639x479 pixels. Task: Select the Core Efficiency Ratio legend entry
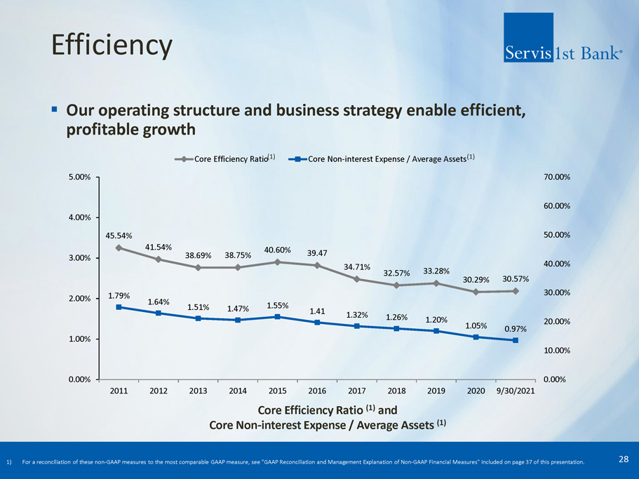[x=224, y=159]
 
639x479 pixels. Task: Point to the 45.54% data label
[x=119, y=236]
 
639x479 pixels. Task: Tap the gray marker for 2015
[x=278, y=262]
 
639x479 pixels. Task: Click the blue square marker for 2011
[x=119, y=307]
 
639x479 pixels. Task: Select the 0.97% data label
[x=516, y=328]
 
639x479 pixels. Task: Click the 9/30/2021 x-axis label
[x=516, y=390]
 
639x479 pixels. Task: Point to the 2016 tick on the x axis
[x=317, y=390]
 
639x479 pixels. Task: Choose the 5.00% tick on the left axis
[x=77, y=177]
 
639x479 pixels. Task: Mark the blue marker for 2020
[x=476, y=337]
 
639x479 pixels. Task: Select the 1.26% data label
[x=398, y=317]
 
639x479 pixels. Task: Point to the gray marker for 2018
[x=397, y=285]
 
